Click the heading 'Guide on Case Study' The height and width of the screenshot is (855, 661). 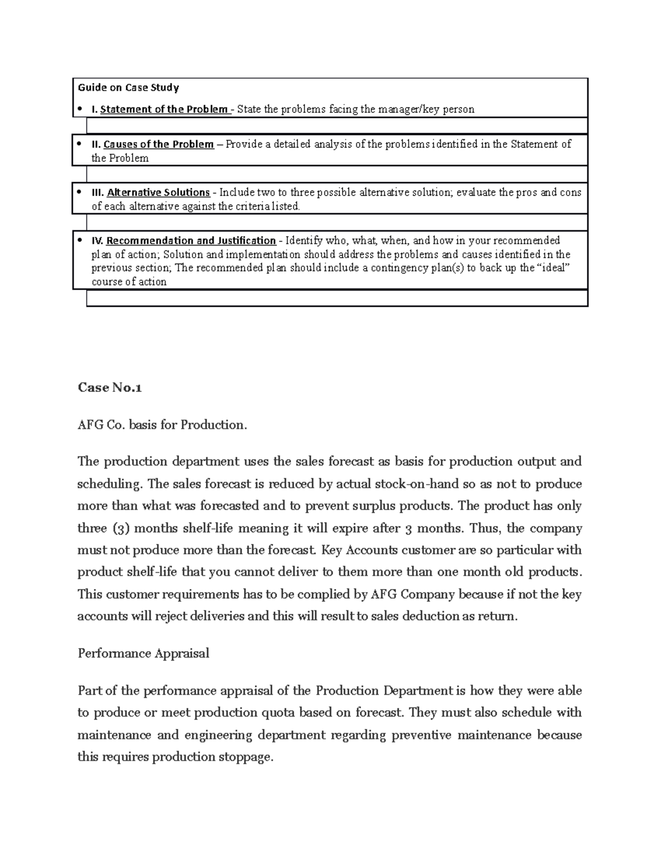pyautogui.click(x=128, y=88)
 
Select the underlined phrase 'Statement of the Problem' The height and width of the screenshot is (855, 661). pyautogui.click(x=164, y=109)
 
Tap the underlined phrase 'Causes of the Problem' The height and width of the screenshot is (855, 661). pyautogui.click(x=159, y=144)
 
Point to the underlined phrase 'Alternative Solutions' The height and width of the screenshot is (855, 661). pyautogui.click(x=158, y=193)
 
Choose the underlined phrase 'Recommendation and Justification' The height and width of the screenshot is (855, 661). pyautogui.click(x=191, y=241)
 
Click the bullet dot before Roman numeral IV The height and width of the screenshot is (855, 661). pyautogui.click(x=80, y=240)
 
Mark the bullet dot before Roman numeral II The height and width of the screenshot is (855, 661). pyautogui.click(x=80, y=144)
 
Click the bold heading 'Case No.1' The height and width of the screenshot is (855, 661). pyautogui.click(x=110, y=388)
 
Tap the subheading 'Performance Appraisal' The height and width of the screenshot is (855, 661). pyautogui.click(x=143, y=653)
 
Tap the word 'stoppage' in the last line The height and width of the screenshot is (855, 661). pyautogui.click(x=247, y=757)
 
